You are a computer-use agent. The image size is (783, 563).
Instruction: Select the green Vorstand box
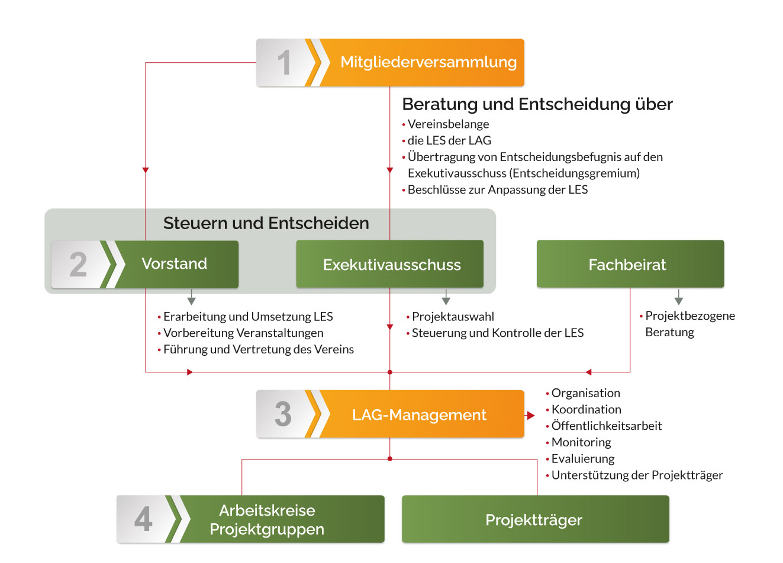[x=175, y=264]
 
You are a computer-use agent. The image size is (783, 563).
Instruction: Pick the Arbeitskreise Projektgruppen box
[x=268, y=519]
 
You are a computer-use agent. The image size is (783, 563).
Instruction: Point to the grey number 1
[x=284, y=63]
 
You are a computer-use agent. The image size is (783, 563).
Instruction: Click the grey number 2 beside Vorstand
[x=78, y=265]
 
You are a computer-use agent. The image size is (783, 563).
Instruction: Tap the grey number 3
[x=283, y=414]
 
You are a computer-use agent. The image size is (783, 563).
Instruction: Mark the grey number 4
[x=143, y=519]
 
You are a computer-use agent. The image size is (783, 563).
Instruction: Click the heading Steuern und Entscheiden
[x=266, y=223]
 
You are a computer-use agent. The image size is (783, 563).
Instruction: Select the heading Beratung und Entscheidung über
[x=537, y=104]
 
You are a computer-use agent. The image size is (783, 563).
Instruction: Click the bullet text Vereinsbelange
[x=448, y=124]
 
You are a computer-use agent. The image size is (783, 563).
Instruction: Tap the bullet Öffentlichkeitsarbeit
[x=606, y=426]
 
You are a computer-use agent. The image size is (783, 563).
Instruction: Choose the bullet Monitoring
[x=581, y=442]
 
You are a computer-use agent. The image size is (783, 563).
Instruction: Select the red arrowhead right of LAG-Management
[x=530, y=416]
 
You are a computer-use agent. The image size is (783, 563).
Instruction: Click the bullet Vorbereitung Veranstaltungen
[x=243, y=333]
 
